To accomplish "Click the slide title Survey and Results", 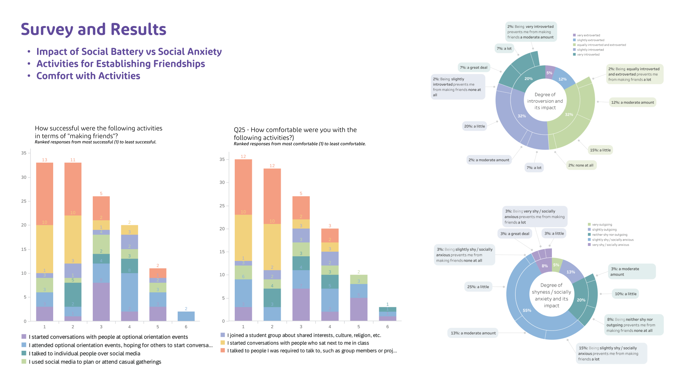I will tap(93, 29).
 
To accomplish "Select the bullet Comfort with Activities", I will tap(88, 76).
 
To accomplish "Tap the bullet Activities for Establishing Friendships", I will tap(121, 64).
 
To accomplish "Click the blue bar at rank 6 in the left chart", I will tap(186, 316).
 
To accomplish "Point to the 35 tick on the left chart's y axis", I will tap(24, 153).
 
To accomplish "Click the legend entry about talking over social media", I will tap(85, 353).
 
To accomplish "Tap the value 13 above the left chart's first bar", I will tap(45, 160).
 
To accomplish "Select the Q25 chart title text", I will tap(295, 134).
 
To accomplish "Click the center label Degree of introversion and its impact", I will tap(545, 101).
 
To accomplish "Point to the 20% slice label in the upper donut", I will tap(528, 79).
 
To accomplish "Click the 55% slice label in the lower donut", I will tap(527, 310).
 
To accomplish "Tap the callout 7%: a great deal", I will tap(473, 67).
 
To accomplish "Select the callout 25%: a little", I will tap(478, 287).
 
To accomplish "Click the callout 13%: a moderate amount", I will tap(473, 333).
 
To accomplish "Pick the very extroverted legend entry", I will tap(588, 35).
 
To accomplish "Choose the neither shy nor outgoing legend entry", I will tap(609, 235).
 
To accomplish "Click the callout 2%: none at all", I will tap(581, 165).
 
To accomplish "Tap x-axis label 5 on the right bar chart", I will tap(359, 327).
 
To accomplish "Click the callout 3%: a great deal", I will tap(514, 233).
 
